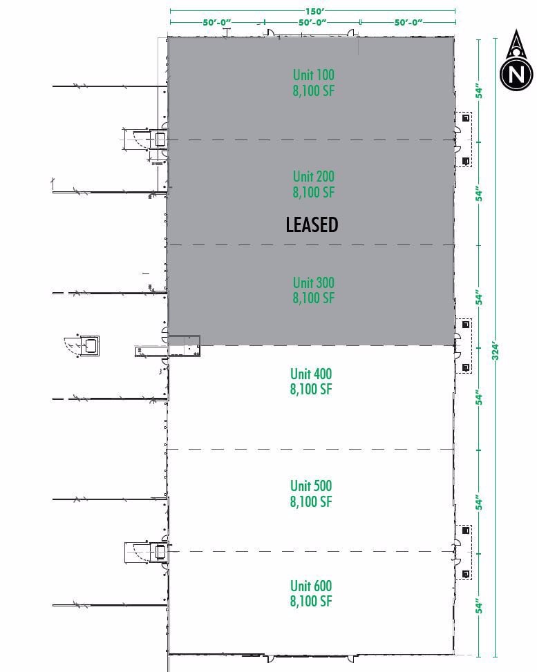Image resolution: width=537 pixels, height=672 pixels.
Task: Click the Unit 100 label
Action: point(314,75)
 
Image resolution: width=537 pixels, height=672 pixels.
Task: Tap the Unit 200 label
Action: point(313,177)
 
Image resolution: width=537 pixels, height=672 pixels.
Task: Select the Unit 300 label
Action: point(313,282)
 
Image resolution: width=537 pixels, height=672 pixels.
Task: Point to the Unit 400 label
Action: point(311,374)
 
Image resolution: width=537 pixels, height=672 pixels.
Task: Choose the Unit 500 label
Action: point(311,486)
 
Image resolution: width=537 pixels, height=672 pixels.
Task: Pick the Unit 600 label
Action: point(311,586)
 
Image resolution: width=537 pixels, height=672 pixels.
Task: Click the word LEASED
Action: point(312,224)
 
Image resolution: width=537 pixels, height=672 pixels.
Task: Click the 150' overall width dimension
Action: point(313,11)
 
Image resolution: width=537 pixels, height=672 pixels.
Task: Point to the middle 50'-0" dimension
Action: point(312,22)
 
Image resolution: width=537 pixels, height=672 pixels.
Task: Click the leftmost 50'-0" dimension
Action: point(216,22)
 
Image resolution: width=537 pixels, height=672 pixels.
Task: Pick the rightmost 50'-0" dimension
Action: point(408,22)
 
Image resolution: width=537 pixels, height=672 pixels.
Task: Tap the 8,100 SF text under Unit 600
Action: point(311,602)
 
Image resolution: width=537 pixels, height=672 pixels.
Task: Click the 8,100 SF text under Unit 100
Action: point(314,90)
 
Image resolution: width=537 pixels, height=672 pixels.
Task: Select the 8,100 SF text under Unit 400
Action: point(311,390)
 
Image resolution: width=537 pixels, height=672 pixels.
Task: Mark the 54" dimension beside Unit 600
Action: point(479,607)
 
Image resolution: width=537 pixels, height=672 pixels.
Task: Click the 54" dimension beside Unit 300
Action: point(479,298)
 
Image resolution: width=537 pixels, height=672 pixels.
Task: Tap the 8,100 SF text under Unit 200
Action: point(313,193)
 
